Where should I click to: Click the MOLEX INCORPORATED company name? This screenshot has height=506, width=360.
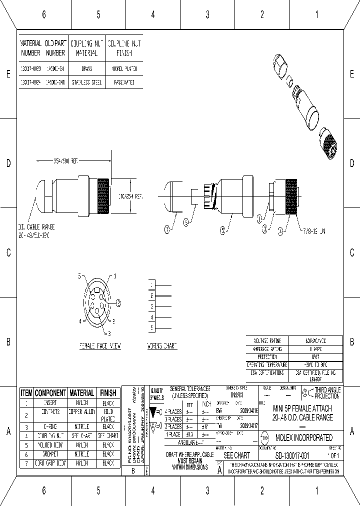(303, 437)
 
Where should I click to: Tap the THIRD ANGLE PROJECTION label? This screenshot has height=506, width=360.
(327, 393)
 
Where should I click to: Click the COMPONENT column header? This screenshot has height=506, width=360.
(50, 393)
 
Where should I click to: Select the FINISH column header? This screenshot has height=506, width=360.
(107, 393)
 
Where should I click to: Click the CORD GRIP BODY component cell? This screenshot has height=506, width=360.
(50, 463)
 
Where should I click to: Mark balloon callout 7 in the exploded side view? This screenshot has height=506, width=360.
(167, 230)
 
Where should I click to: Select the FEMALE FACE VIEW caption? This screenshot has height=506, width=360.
(100, 346)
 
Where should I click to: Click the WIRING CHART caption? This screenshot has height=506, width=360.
(162, 346)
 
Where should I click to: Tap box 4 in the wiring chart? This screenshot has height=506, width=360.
(151, 317)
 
